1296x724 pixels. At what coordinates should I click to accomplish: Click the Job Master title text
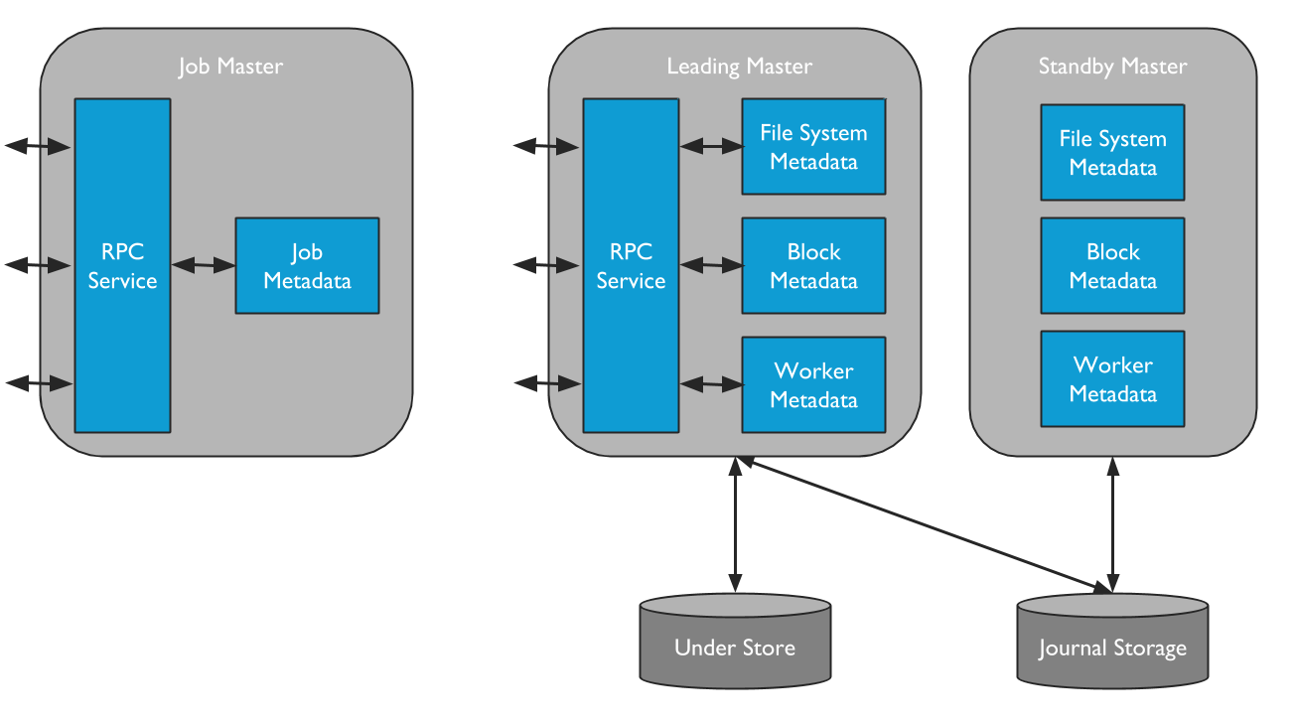pyautogui.click(x=230, y=67)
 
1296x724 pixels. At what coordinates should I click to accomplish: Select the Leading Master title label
pyautogui.click(x=739, y=67)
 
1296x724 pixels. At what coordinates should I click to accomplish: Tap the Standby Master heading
pyautogui.click(x=1112, y=67)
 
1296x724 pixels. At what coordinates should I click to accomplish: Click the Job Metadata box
pyautogui.click(x=307, y=266)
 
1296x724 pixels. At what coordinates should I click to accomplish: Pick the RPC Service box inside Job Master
pyautogui.click(x=122, y=266)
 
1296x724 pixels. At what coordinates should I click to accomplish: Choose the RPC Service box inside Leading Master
pyautogui.click(x=631, y=266)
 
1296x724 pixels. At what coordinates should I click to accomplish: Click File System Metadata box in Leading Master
pyautogui.click(x=813, y=147)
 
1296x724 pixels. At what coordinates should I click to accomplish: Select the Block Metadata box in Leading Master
pyautogui.click(x=813, y=266)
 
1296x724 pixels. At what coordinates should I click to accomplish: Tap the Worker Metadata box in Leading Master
pyautogui.click(x=813, y=385)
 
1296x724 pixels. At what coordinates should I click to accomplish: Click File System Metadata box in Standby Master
pyautogui.click(x=1112, y=153)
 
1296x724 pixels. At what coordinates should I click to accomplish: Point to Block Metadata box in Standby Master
pyautogui.click(x=1112, y=266)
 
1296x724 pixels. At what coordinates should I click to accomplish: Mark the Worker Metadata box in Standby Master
pyautogui.click(x=1112, y=379)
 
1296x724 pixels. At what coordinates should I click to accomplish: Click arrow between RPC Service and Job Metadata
pyautogui.click(x=203, y=265)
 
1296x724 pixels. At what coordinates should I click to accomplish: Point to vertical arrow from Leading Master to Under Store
pyautogui.click(x=735, y=526)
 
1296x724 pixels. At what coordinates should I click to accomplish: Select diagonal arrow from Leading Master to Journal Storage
pyautogui.click(x=924, y=525)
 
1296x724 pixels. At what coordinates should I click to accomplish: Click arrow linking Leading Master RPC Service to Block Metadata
pyautogui.click(x=711, y=265)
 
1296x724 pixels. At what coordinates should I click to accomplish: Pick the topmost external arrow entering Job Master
pyautogui.click(x=38, y=147)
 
